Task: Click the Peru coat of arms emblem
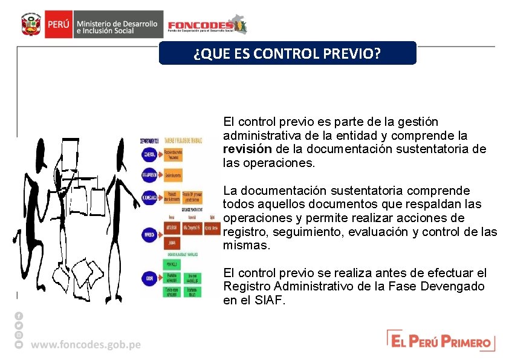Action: point(30,25)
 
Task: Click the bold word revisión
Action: point(248,149)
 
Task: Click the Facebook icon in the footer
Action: point(19,316)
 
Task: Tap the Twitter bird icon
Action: point(19,325)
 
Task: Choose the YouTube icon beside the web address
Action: point(19,344)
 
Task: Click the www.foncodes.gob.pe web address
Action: point(86,344)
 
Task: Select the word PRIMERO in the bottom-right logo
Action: point(465,342)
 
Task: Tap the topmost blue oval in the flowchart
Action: point(150,155)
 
